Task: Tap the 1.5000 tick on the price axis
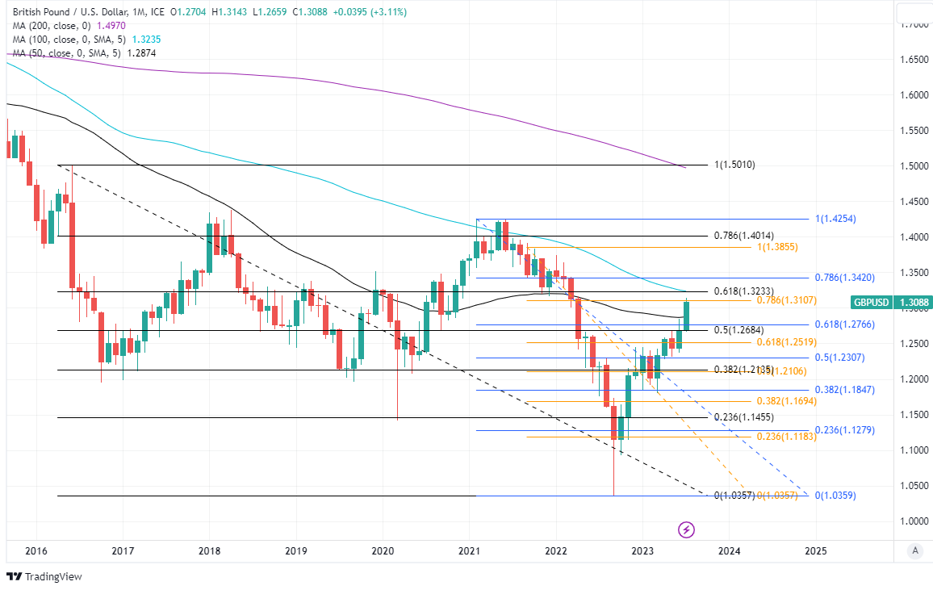coord(913,166)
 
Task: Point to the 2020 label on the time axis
coord(383,551)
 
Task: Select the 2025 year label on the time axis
coord(815,551)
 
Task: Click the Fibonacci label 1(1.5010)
coord(734,165)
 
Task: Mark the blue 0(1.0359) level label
coord(835,496)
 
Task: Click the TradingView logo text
coord(53,576)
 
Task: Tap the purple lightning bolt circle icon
coord(686,529)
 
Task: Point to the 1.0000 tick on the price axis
coord(913,521)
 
